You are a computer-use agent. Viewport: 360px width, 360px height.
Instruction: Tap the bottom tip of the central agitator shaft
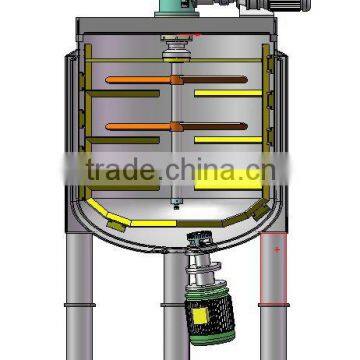point(179,211)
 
